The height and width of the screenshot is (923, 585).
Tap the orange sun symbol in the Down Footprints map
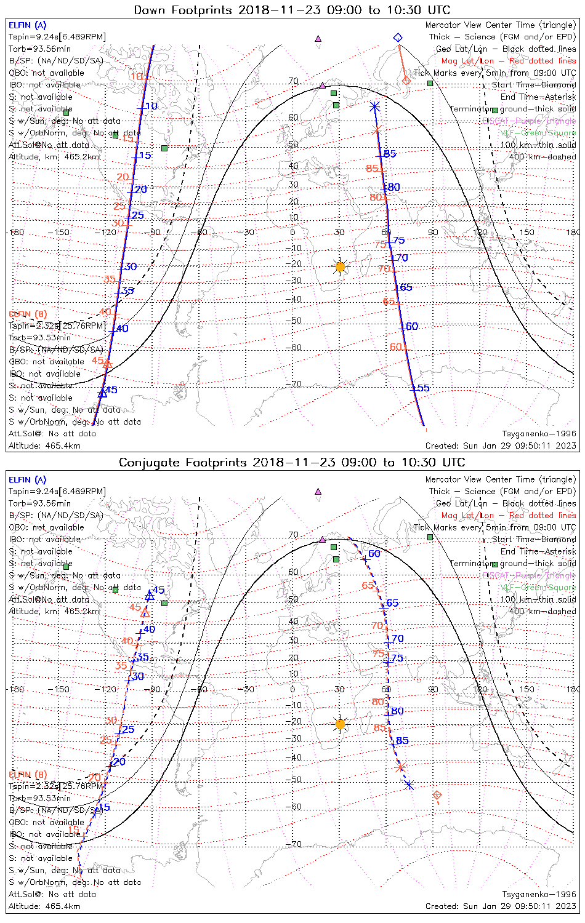point(340,266)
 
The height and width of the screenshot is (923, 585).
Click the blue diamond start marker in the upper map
point(398,38)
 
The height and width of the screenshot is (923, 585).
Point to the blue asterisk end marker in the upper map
point(374,107)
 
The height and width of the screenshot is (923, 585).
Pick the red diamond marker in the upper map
point(406,81)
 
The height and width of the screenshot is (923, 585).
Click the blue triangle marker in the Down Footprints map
point(103,393)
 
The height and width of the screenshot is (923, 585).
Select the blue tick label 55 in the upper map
point(424,388)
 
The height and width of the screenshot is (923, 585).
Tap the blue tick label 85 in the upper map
point(390,154)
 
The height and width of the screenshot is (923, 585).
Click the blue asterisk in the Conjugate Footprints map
point(409,785)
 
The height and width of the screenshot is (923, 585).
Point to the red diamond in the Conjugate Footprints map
point(437,796)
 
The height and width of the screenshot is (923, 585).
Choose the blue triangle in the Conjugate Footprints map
point(149,596)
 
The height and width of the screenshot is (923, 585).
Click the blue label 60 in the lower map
point(374,554)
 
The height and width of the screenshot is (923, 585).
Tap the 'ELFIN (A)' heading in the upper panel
point(27,25)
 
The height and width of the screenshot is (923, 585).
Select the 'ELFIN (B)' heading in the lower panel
point(28,774)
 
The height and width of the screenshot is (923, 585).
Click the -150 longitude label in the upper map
point(62,233)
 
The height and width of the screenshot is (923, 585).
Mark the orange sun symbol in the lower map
point(340,724)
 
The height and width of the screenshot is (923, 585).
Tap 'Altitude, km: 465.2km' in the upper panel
point(54,157)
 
